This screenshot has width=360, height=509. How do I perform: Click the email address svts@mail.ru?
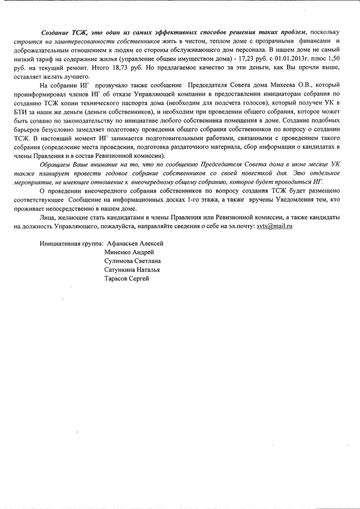coord(275,226)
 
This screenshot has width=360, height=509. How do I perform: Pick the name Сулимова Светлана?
coord(132,261)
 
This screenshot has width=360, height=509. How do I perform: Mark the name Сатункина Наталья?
coord(132,270)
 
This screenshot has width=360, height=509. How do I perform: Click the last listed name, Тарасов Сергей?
coord(126,279)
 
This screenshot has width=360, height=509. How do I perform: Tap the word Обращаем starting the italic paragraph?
coord(54,165)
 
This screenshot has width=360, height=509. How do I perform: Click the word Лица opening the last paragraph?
coord(47,218)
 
